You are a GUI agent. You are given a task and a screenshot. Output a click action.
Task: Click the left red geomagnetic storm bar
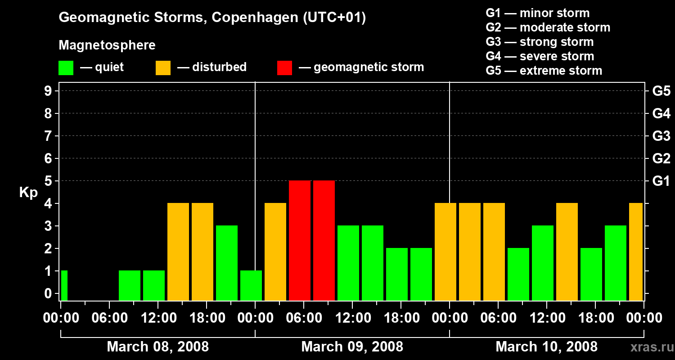pos(300,240)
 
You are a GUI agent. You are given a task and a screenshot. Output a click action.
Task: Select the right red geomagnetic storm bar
pos(324,240)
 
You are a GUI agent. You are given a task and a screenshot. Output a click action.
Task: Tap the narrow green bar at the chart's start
pos(64,285)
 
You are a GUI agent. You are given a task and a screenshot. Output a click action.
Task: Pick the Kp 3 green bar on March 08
pos(227,263)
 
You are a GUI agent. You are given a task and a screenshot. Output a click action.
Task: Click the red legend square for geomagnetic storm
pos(284,68)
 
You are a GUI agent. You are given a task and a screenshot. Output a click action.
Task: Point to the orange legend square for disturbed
pos(163,68)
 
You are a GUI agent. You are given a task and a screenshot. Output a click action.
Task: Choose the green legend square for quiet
pos(66,68)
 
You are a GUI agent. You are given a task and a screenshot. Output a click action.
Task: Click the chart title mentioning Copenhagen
pos(212,18)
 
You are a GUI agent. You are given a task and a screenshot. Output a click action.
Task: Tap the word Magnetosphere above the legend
pos(107,45)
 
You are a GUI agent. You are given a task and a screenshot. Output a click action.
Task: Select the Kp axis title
pos(28,193)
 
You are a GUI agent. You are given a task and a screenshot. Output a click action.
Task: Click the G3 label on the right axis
pos(661,136)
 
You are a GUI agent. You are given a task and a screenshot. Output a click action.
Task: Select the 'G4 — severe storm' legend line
pos(540,56)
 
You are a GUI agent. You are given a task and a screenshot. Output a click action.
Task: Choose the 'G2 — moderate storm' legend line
pos(548,27)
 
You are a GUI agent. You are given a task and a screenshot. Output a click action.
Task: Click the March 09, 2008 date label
pos(352,347)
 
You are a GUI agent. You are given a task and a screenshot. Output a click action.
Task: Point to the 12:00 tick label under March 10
pos(546,318)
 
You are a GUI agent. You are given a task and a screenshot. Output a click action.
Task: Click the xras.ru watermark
pos(648,347)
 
